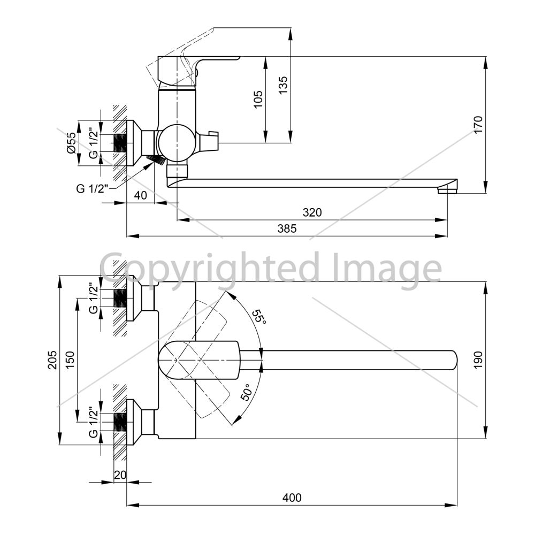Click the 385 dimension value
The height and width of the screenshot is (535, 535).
[x=287, y=228]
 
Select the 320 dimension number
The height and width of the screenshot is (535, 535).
[x=312, y=212]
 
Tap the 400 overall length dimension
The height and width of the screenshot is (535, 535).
[x=292, y=498]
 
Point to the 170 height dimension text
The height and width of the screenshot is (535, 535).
[x=478, y=125]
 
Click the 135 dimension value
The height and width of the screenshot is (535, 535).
[x=283, y=85]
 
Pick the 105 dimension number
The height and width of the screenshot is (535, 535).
[x=258, y=100]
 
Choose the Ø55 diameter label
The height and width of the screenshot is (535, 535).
[x=71, y=143]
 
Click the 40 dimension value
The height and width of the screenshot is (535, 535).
[x=141, y=195]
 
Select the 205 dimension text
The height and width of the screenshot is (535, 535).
[x=52, y=360]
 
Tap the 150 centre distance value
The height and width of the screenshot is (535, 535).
[x=70, y=360]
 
